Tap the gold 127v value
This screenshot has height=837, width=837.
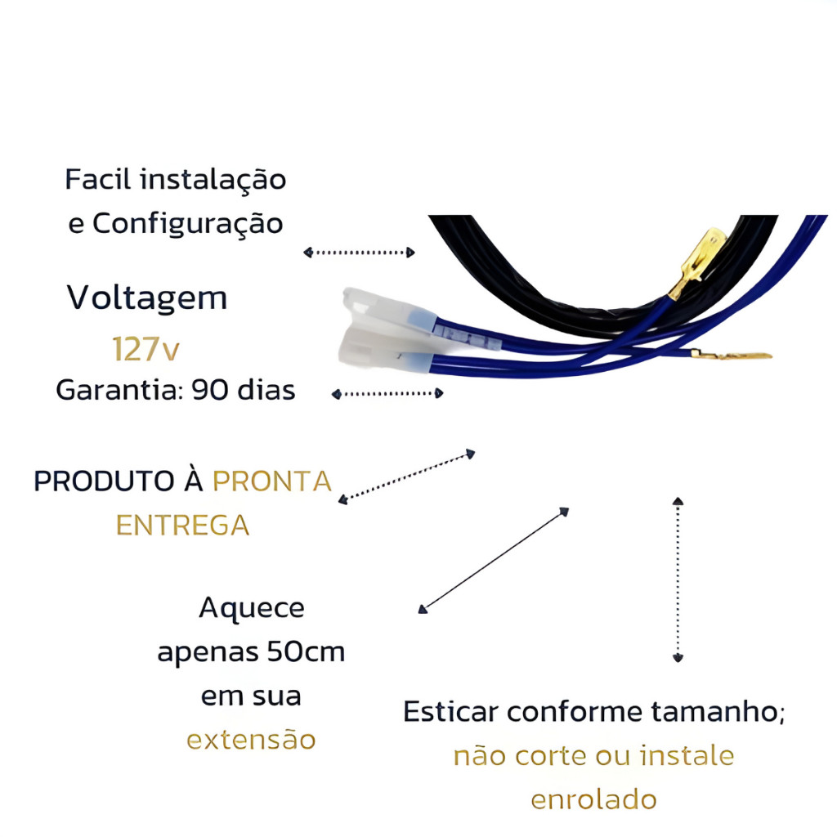click(145, 349)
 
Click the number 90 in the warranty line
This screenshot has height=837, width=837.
click(209, 391)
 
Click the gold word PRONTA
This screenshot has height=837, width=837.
click(272, 481)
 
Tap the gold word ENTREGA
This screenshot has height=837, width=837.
click(182, 525)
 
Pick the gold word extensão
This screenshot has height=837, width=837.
click(251, 741)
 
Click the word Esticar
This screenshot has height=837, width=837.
click(450, 712)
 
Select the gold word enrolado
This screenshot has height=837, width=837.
click(593, 799)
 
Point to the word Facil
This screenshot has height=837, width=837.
click(99, 179)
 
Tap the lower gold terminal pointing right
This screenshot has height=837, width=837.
click(732, 355)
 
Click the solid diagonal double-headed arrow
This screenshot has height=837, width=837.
click(494, 560)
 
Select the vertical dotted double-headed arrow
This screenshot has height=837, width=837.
click(678, 578)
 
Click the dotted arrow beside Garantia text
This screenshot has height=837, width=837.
click(387, 394)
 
